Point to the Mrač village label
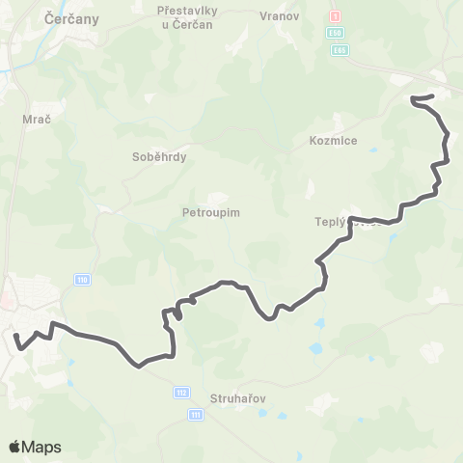(30, 121)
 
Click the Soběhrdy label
(159, 155)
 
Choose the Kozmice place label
(335, 141)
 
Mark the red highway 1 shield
(336, 16)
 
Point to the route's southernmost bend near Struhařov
(140, 366)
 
